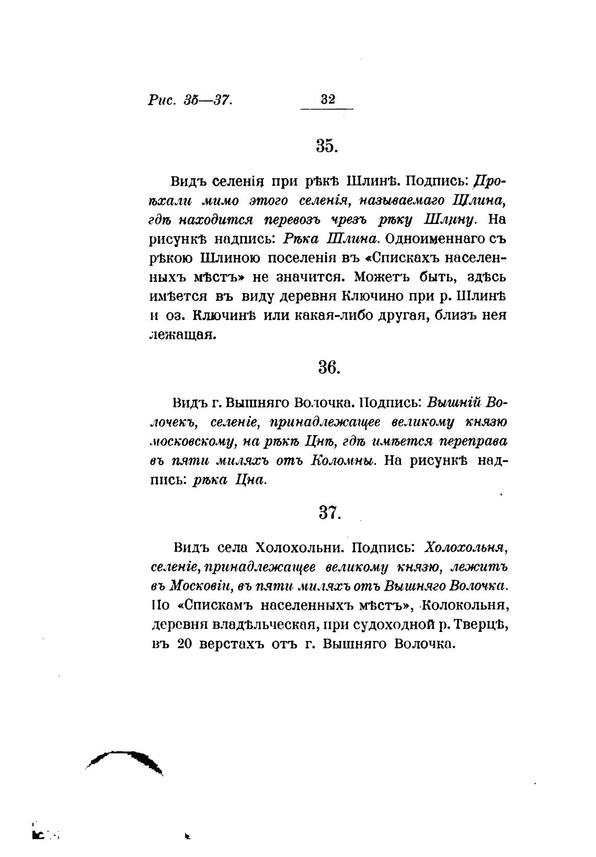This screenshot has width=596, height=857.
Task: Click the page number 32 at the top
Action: tap(327, 99)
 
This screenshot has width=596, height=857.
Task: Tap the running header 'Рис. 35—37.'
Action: tap(190, 99)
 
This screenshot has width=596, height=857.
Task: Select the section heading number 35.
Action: tap(328, 146)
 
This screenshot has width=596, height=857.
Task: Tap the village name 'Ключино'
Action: tap(372, 296)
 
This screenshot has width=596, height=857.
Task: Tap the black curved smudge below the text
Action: tap(125, 759)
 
